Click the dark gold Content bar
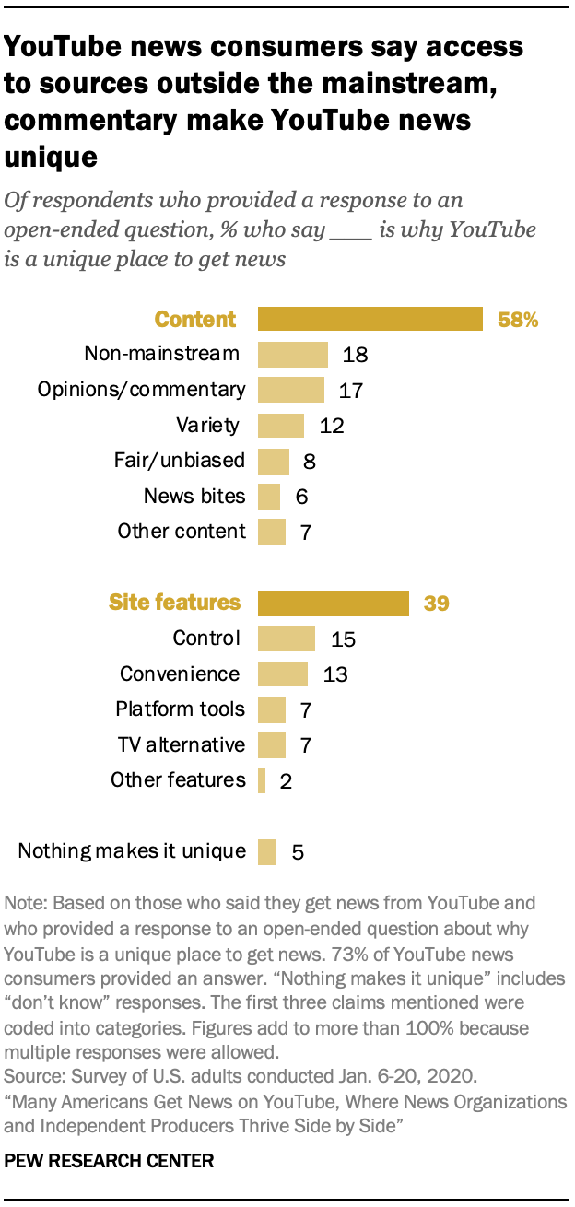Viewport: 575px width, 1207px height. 370,319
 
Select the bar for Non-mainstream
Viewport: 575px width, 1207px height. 293,355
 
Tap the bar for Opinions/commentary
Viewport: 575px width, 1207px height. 291,390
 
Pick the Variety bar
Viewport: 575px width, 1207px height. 281,426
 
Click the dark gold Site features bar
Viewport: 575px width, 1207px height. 334,603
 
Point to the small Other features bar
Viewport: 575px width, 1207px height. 262,781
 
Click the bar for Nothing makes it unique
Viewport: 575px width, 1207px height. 267,851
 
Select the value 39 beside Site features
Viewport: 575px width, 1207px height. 436,604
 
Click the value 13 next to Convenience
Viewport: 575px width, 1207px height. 335,675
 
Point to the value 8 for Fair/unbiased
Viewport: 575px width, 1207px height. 309,462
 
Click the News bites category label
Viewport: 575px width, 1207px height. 194,497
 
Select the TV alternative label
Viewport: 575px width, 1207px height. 182,744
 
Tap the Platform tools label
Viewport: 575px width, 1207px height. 181,709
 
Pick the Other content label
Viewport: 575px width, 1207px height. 182,532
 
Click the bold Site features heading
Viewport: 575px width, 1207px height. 174,603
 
